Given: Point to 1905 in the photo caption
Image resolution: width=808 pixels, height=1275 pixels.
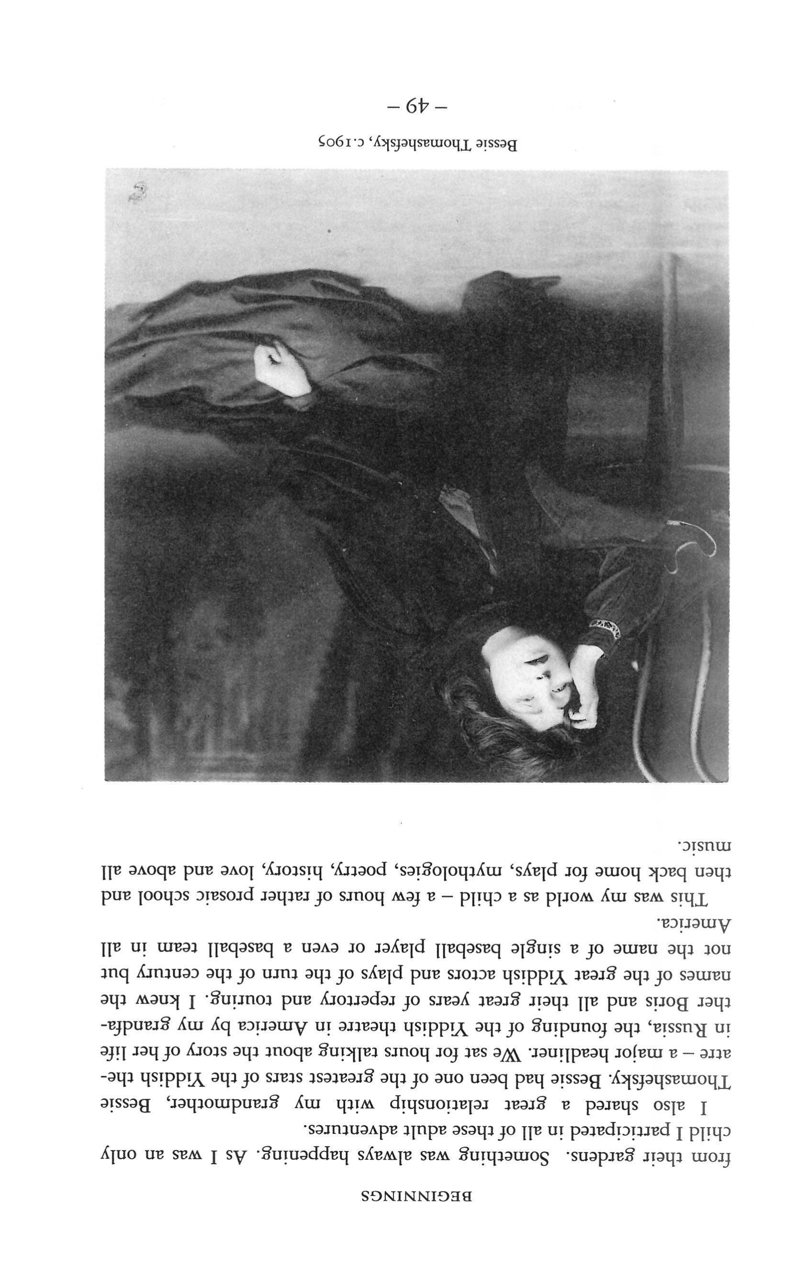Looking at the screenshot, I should (339, 143).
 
